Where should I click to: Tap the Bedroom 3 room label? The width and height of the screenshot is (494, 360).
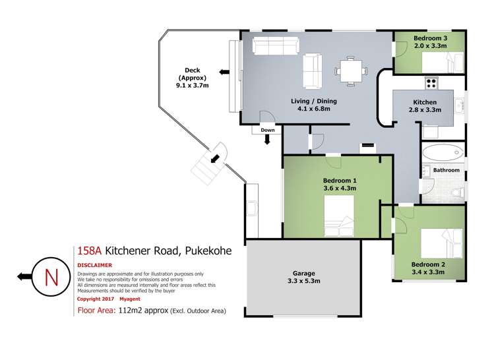click(431, 38)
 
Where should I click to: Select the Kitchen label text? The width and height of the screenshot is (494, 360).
click(425, 102)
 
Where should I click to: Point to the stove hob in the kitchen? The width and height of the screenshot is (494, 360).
click(432, 83)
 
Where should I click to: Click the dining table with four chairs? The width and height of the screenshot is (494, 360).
click(348, 70)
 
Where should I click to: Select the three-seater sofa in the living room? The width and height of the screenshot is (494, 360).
click(275, 46)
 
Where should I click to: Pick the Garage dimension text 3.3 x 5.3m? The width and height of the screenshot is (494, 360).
click(304, 282)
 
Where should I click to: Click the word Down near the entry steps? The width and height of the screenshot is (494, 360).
click(267, 131)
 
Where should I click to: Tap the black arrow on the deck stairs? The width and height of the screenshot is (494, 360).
click(215, 158)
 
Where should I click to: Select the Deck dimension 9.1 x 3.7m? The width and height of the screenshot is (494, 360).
click(193, 85)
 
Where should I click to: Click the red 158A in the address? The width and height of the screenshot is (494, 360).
click(88, 251)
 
